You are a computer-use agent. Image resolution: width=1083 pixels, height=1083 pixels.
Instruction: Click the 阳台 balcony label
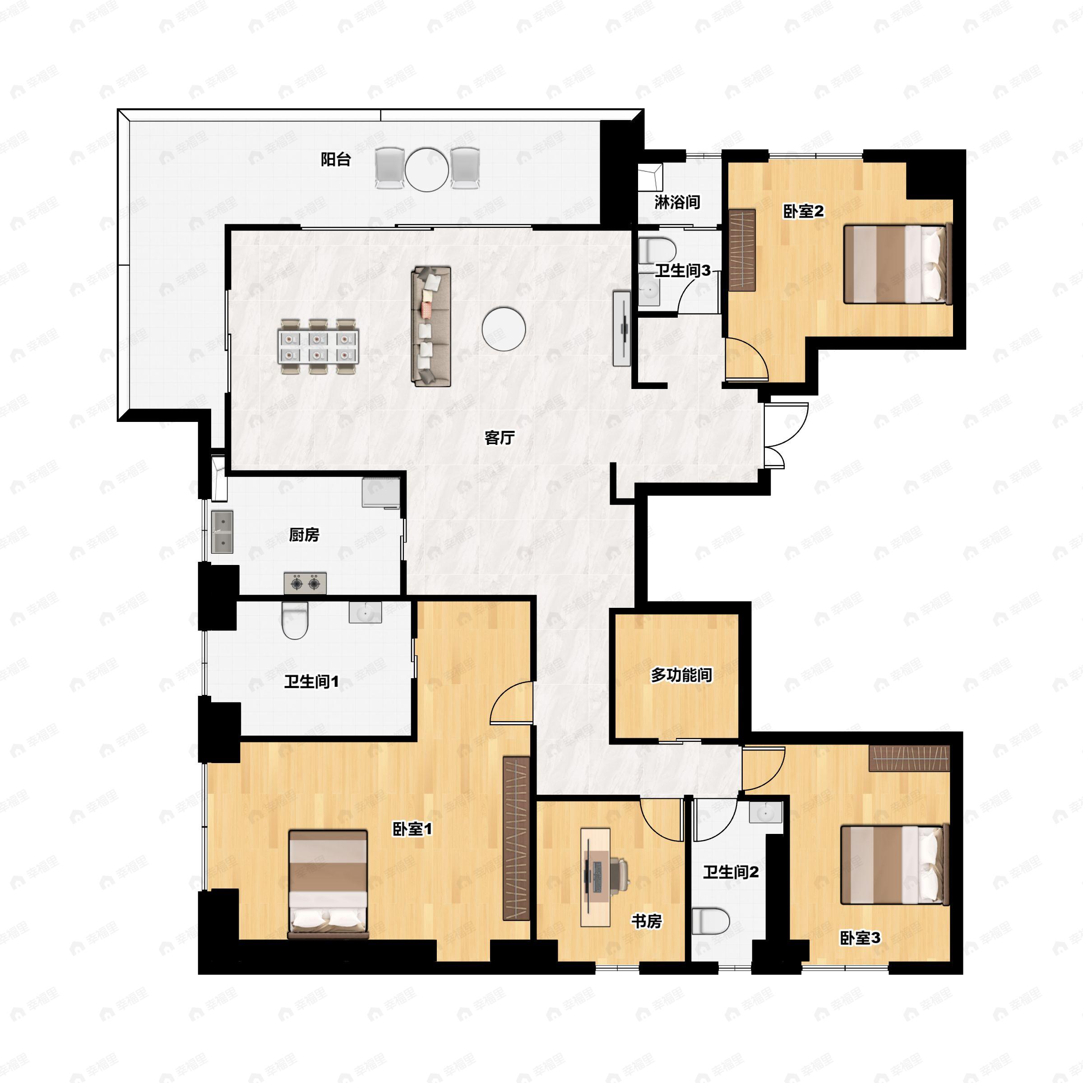[336, 160]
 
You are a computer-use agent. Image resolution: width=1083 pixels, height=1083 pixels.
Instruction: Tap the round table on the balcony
[427, 169]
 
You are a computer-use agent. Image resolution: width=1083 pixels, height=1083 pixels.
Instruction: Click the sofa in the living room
[431, 326]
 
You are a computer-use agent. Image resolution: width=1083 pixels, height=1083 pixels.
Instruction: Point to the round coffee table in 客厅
[504, 329]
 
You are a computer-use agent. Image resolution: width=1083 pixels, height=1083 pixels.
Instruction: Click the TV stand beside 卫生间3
[622, 329]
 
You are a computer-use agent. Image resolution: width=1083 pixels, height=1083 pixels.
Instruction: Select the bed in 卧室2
[897, 264]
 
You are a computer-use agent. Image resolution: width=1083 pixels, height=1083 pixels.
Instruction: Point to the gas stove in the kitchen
[305, 583]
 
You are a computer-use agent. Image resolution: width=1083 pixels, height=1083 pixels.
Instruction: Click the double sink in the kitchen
[222, 532]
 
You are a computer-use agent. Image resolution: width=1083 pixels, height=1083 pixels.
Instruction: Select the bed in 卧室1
[328, 884]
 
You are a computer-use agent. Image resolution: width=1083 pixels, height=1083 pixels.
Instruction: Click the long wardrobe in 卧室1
[516, 838]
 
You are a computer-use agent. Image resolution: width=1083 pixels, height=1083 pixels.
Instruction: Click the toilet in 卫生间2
[710, 921]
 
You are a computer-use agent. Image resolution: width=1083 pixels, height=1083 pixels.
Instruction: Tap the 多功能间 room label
[681, 676]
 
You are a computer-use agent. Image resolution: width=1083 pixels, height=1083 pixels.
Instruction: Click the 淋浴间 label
[677, 202]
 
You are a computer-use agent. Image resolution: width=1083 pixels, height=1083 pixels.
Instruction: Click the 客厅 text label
[499, 438]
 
